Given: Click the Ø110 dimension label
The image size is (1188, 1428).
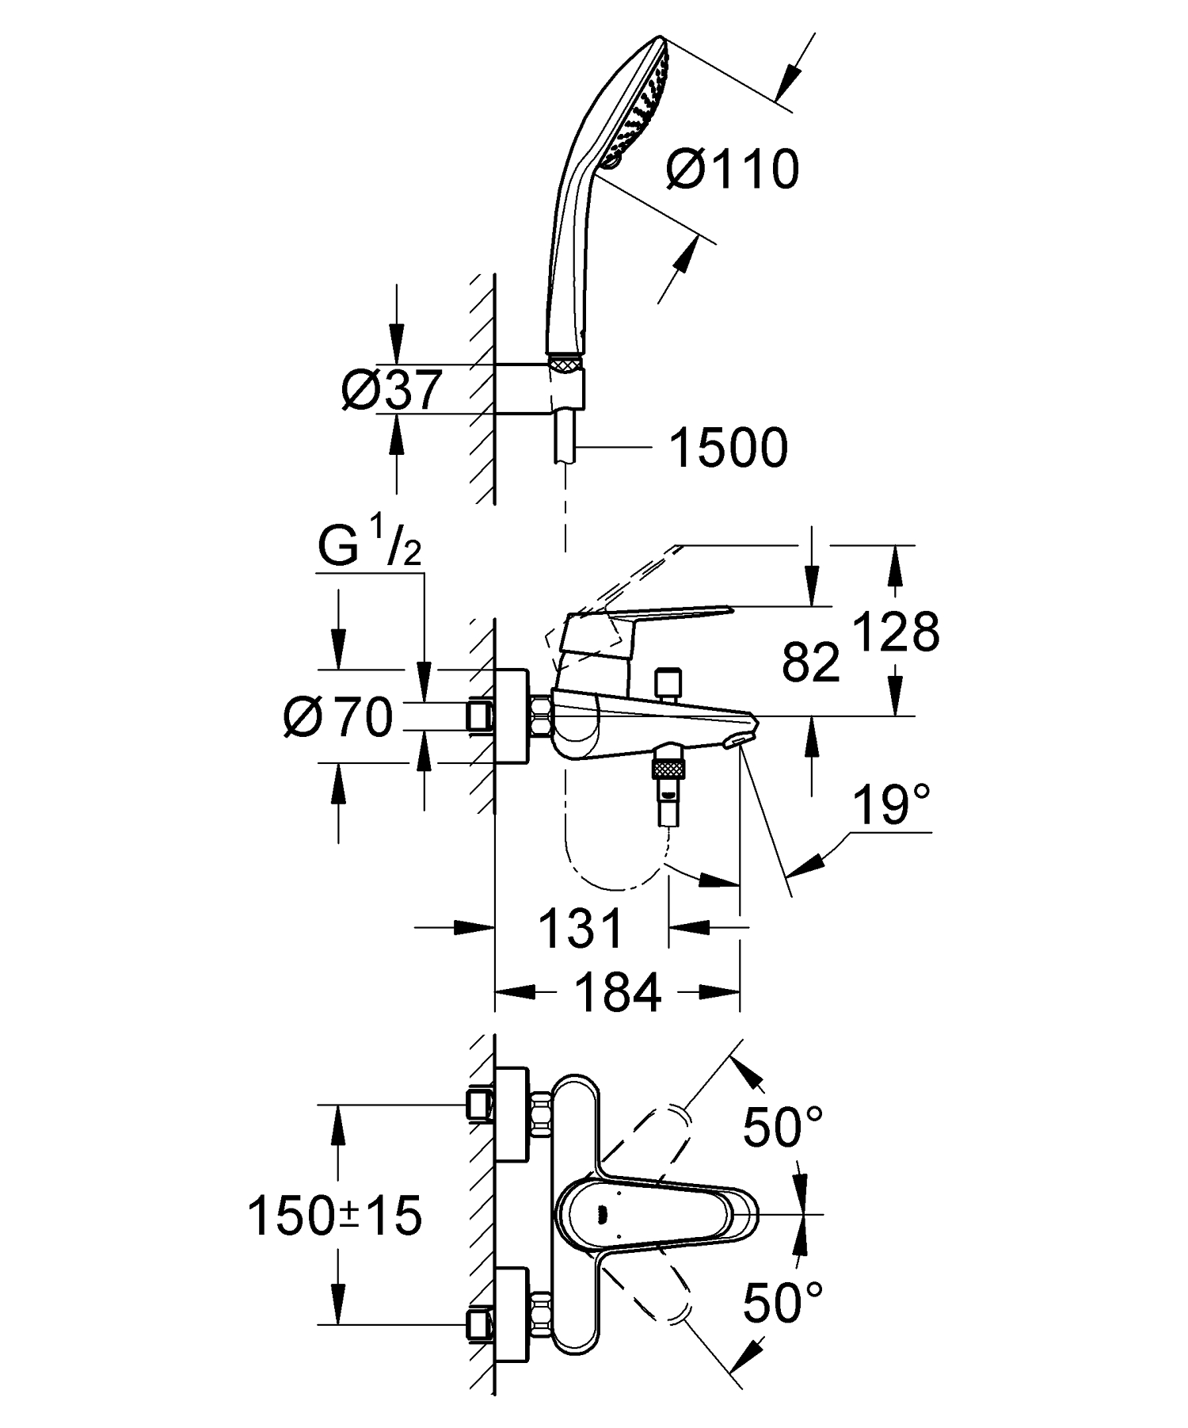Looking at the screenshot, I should coord(733,170).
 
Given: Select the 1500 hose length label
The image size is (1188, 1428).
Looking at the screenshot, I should coord(728,448).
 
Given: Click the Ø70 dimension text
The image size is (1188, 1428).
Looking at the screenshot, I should coord(338,718).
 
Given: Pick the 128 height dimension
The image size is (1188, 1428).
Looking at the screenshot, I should coord(897,632).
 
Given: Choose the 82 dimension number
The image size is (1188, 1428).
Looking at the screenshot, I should coord(810,662).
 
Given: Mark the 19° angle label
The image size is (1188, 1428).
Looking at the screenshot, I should coord(891,805).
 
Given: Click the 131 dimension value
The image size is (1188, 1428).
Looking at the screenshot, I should coord(581,928).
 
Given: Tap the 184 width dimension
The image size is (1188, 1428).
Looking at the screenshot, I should coord(618,992).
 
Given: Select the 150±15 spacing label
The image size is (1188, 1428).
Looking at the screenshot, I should coord(335,1216).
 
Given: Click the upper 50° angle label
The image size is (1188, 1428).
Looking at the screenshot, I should coord(782,1125).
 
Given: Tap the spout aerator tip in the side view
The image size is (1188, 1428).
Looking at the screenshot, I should coord(737,739).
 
